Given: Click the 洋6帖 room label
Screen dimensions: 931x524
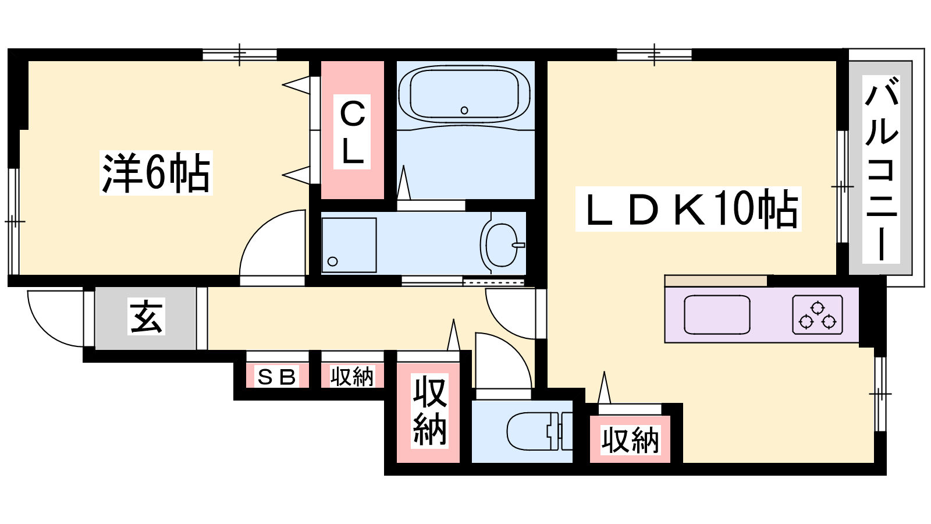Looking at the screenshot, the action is click(157, 173).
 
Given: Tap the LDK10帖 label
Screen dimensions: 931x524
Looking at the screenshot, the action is click(688, 209).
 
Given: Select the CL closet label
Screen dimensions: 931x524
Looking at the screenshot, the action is click(352, 132).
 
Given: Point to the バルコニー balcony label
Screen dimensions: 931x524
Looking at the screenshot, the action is click(881, 169).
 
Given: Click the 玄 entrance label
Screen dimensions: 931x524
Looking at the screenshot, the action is click(146, 317).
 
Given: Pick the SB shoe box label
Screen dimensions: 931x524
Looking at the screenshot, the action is click(276, 377).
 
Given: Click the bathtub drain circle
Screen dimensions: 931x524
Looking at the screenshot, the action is click(464, 110).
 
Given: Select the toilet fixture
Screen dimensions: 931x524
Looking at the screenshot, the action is click(539, 431).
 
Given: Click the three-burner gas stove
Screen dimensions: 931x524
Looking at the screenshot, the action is click(818, 315).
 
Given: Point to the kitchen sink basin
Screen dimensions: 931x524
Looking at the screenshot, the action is click(717, 314).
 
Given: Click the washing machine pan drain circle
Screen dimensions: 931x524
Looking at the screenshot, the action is click(332, 261).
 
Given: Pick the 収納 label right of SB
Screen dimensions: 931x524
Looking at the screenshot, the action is click(353, 377).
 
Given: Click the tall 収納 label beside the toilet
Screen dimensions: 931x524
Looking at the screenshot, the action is click(429, 411).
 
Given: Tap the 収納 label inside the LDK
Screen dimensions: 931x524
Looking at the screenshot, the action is click(631, 440).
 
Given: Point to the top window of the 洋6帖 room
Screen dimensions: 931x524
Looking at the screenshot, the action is click(240, 55).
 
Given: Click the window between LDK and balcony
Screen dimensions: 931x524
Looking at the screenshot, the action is click(843, 187).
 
